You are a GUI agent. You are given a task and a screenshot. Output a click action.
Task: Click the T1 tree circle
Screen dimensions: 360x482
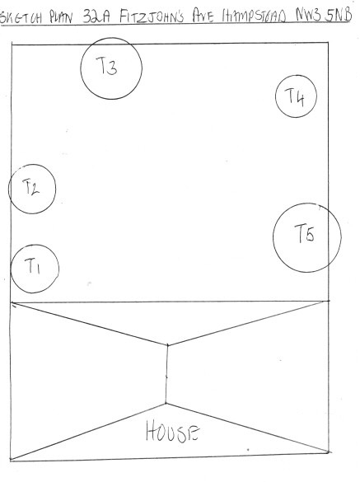(11, 269)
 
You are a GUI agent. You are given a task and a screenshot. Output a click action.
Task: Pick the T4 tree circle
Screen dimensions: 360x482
(275, 96)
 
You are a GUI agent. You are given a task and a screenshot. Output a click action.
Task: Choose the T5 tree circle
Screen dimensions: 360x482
(273, 237)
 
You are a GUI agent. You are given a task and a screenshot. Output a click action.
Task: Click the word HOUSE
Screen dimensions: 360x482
(173, 431)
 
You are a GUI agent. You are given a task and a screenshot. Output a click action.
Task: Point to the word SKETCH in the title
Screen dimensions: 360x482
(21, 18)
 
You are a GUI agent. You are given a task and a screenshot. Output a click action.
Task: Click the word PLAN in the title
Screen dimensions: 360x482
(61, 17)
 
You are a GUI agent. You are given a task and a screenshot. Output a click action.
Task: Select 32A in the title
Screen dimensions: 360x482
(96, 16)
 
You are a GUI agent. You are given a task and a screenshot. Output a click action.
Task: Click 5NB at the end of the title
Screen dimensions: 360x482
(339, 15)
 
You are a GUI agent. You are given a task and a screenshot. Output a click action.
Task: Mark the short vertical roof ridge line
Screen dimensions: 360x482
(166, 374)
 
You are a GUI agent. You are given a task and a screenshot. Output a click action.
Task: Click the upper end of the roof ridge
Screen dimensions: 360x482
(167, 345)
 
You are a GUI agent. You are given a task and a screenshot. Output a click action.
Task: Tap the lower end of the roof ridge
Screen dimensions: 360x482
(166, 403)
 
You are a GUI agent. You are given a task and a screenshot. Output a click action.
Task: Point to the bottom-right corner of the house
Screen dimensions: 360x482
(329, 452)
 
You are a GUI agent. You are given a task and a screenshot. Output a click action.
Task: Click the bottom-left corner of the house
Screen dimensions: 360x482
(11, 460)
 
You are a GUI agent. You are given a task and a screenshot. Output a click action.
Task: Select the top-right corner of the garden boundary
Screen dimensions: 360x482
(328, 43)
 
